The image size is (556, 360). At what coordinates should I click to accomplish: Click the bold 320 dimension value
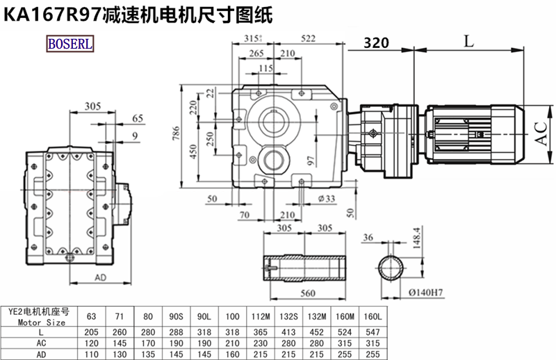(x=376, y=43)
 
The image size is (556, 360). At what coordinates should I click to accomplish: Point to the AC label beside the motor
(x=540, y=132)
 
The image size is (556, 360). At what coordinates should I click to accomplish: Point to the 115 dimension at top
(x=265, y=68)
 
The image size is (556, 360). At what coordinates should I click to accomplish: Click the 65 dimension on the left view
(x=138, y=118)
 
